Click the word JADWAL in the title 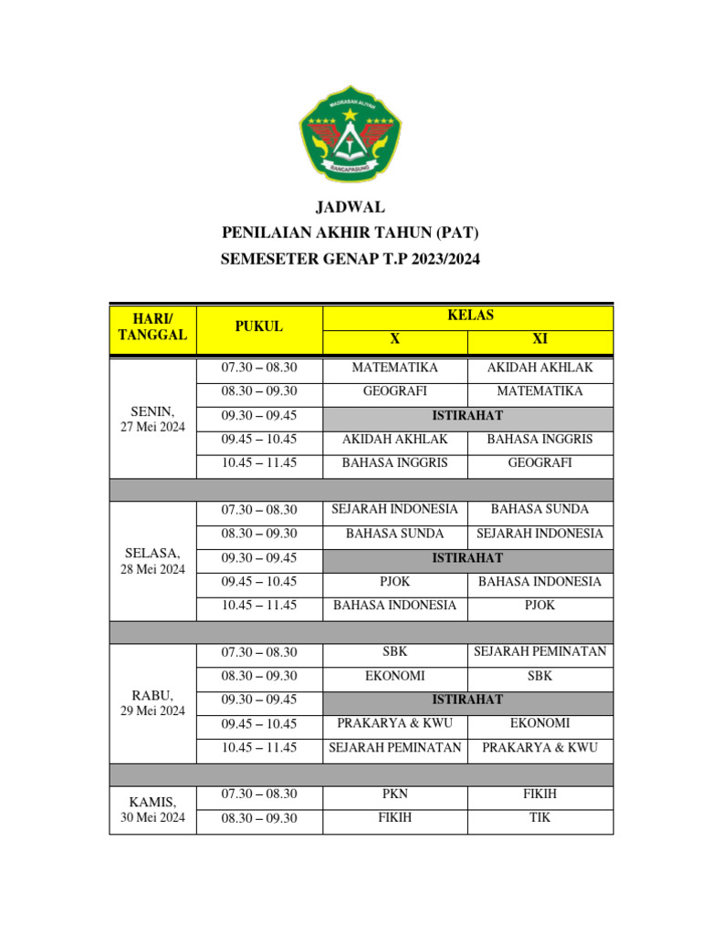[350, 207]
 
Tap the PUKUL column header [258, 327]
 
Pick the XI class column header [539, 339]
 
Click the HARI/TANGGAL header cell [152, 327]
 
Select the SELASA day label [152, 554]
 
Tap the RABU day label [152, 696]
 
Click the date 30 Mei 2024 [152, 817]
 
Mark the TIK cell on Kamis [539, 818]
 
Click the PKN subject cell [394, 794]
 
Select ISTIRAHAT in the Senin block [467, 415]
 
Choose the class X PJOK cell [394, 581]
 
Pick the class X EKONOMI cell [394, 676]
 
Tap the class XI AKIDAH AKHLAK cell [539, 368]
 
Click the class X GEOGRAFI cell [394, 391]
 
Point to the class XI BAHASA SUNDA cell [539, 509]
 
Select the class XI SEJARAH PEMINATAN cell [539, 651]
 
